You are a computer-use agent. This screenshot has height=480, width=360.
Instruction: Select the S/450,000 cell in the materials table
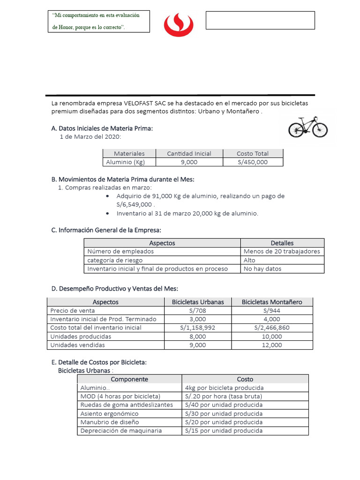pyautogui.click(x=253, y=162)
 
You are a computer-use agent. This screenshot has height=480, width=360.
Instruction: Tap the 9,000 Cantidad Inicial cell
pyautogui.click(x=189, y=162)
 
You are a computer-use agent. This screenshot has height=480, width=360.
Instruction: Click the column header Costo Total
pyautogui.click(x=253, y=153)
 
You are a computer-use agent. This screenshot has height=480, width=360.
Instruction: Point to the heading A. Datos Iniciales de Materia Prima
pyautogui.click(x=102, y=128)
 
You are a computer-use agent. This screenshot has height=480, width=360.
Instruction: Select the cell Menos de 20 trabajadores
pyautogui.click(x=282, y=251)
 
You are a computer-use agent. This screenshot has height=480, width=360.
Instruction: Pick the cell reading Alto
pyautogui.click(x=250, y=260)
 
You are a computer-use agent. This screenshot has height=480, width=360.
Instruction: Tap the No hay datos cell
pyautogui.click(x=262, y=269)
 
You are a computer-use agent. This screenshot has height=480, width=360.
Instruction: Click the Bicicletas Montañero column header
pyautogui.click(x=272, y=302)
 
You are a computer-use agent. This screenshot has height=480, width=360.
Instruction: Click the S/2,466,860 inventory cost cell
pyautogui.click(x=272, y=328)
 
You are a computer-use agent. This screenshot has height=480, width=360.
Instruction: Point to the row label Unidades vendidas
pyautogui.click(x=78, y=345)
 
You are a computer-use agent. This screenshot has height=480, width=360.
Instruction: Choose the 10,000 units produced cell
pyautogui.click(x=272, y=337)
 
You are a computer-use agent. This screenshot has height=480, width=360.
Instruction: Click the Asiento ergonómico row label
pyautogui.click(x=110, y=414)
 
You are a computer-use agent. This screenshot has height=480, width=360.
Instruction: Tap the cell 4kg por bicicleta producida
pyautogui.click(x=225, y=388)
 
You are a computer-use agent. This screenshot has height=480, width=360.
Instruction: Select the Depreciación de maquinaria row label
pyautogui.click(x=121, y=431)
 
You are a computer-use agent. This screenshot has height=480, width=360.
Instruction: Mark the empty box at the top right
pyautogui.click(x=260, y=20)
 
